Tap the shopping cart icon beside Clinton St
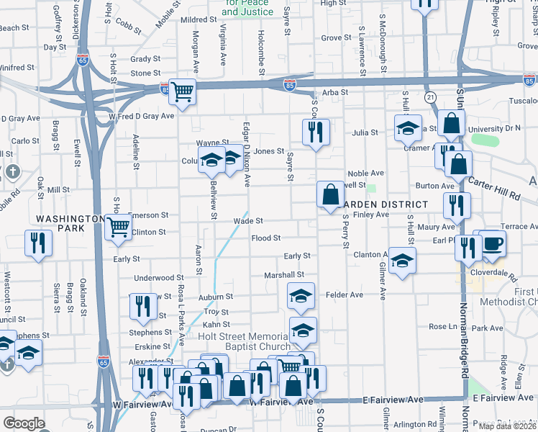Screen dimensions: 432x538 click(119, 228)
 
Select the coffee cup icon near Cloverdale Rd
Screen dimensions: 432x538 click(493, 243)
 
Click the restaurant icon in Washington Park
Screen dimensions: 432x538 click(37, 243)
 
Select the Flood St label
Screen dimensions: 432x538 click(265, 238)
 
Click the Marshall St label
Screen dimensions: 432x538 click(284, 274)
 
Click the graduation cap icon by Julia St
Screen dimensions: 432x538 click(408, 127)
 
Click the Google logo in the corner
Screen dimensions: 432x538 click(24, 423)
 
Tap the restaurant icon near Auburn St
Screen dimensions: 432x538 click(144, 306)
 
